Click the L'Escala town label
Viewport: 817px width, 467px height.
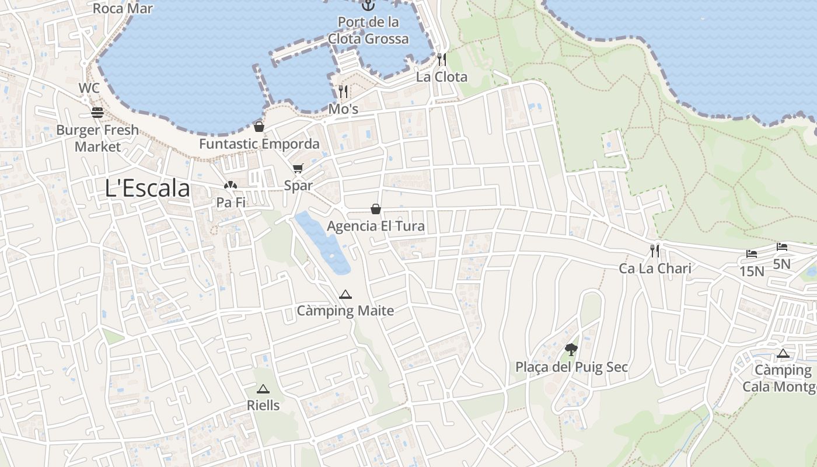148,189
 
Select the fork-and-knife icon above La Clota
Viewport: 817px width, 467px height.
442,60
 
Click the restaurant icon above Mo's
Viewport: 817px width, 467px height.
343,91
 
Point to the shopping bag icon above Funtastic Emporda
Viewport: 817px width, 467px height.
259,126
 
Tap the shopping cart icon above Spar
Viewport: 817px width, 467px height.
298,169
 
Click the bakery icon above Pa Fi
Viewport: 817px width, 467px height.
231,186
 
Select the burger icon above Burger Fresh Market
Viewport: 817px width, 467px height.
97,113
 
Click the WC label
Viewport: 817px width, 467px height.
89,88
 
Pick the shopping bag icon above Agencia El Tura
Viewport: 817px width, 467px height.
376,209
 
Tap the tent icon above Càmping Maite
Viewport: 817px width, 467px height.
345,294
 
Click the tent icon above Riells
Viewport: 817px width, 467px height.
263,389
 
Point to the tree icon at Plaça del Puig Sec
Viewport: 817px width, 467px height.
571,350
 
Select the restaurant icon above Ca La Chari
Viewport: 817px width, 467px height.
655,251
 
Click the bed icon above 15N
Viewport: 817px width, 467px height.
752,254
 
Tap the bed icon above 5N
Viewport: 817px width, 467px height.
782,247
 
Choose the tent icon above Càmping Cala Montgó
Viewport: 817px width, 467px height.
783,353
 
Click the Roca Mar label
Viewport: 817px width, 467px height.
123,9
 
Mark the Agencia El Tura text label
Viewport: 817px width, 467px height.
376,226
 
